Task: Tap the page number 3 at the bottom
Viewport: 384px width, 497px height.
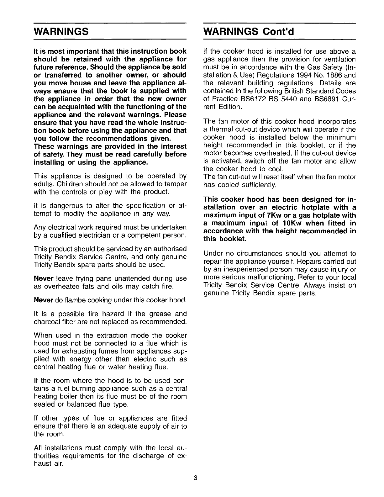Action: point(195,478)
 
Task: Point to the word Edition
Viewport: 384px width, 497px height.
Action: point(230,107)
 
